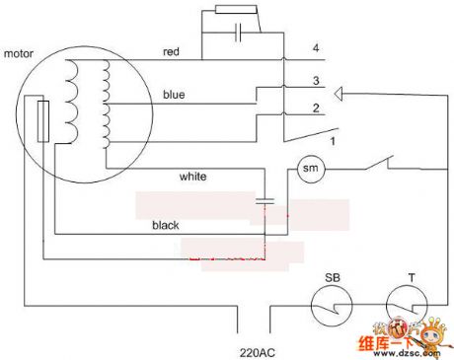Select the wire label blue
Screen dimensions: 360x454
tap(174, 95)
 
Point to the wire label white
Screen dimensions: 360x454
tap(193, 178)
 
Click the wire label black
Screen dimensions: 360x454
tap(165, 225)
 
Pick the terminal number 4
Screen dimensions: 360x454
tap(315, 48)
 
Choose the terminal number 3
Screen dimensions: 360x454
tap(315, 80)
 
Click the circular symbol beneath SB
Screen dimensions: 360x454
tap(331, 307)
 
